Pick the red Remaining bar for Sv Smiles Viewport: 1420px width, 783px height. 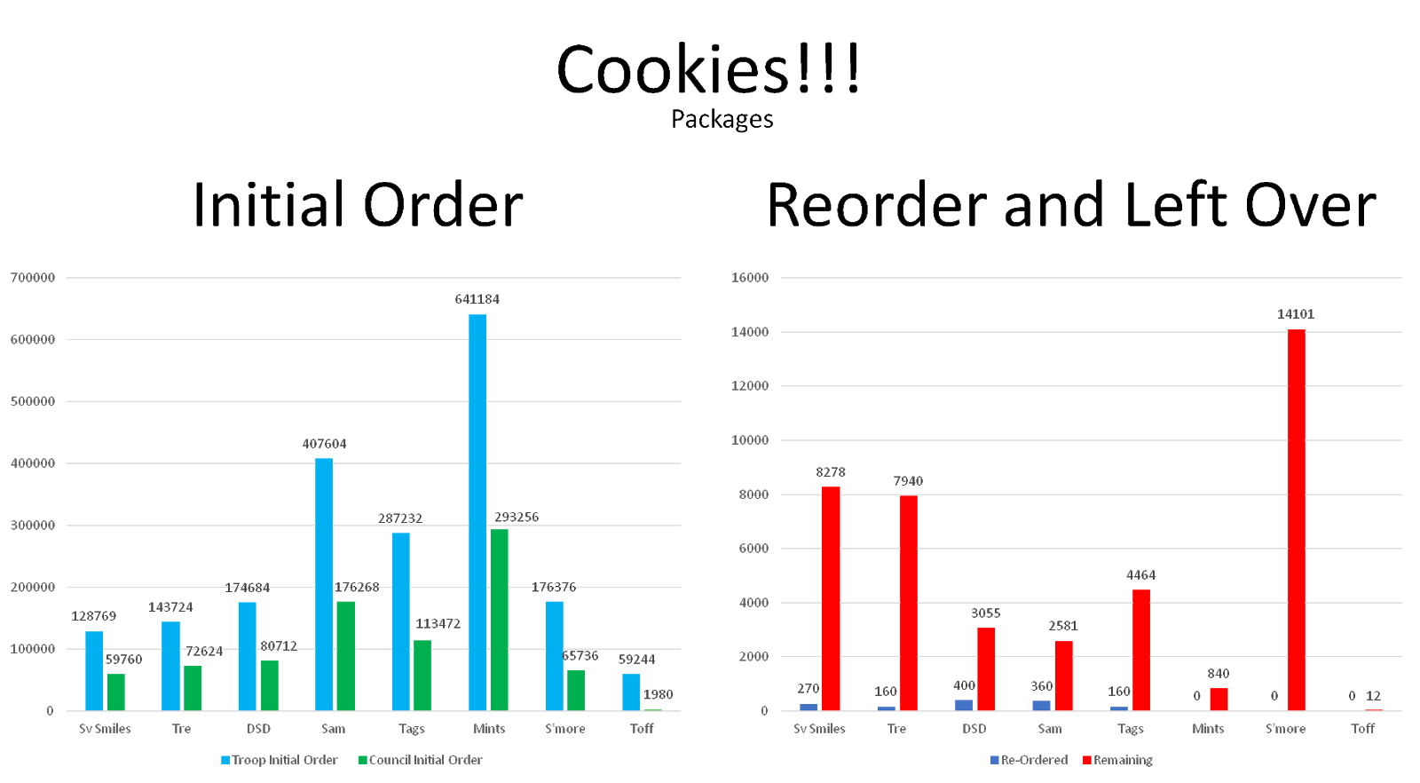tap(831, 598)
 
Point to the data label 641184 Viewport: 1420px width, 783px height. tap(477, 299)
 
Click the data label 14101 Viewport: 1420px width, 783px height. tap(1296, 314)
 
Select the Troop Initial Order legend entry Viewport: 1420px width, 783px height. tap(280, 760)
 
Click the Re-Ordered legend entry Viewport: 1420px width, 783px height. tap(1029, 760)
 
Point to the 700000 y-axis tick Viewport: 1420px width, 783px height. tap(33, 278)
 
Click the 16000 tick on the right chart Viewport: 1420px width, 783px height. tap(750, 278)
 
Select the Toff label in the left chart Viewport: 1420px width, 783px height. tap(642, 729)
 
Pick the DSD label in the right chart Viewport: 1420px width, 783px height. tap(974, 729)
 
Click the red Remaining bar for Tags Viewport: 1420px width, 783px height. tap(1141, 650)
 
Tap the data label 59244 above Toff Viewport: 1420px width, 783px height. tap(637, 660)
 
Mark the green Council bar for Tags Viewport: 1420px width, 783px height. tap(422, 676)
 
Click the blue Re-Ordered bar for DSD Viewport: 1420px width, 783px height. tap(964, 705)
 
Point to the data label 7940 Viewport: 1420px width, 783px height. tap(908, 481)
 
